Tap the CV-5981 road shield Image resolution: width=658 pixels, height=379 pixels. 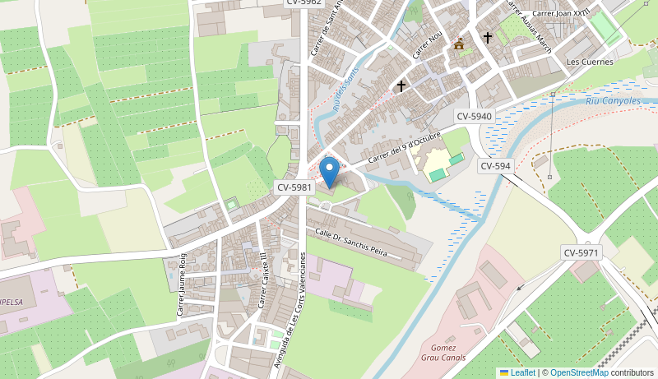point(294,187)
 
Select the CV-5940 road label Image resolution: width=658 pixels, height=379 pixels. point(475,117)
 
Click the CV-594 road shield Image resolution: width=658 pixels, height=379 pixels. point(496,166)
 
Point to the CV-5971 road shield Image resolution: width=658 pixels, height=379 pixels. point(582,252)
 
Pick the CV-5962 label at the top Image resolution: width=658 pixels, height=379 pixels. point(304,2)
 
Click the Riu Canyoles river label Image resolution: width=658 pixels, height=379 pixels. point(613,101)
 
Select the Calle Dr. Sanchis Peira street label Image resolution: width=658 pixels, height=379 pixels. point(350,243)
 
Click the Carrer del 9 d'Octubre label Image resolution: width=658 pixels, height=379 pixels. point(404,146)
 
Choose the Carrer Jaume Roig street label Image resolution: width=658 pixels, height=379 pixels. point(182,284)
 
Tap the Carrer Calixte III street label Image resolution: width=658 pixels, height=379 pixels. point(263,280)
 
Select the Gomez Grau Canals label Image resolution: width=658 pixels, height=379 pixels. point(443,353)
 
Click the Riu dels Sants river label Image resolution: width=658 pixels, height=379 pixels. point(346,90)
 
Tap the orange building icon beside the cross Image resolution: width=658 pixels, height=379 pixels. point(459,44)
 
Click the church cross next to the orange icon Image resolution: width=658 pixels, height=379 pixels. point(487,38)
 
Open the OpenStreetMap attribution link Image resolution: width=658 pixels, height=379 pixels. point(579,372)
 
